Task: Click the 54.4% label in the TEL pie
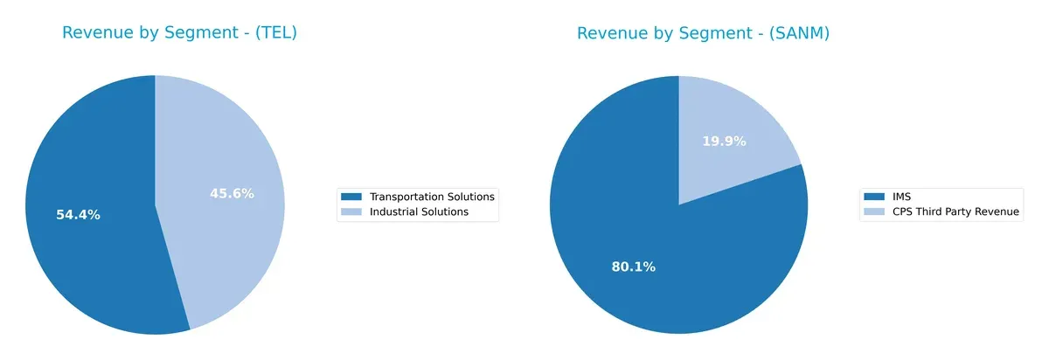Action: point(78,215)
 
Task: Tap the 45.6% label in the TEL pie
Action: point(232,193)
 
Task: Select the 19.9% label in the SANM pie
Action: point(724,141)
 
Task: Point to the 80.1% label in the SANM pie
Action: point(634,267)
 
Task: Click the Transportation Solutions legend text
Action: point(432,197)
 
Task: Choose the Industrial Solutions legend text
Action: point(419,211)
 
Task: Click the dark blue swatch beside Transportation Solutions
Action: point(351,197)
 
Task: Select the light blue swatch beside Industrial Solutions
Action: point(351,211)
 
